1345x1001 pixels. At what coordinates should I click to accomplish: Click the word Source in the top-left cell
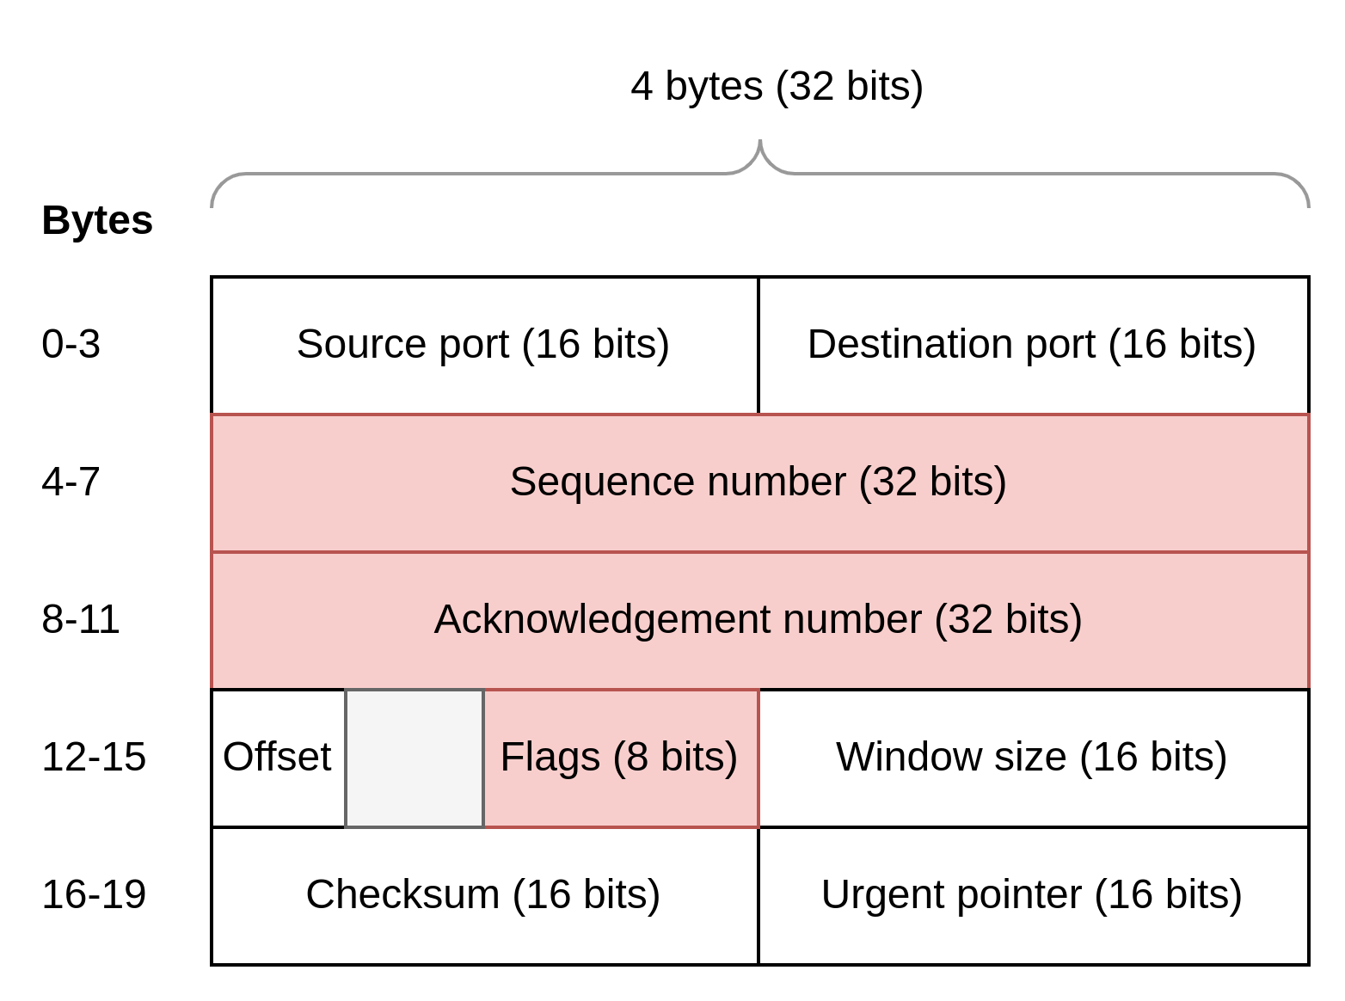tap(361, 344)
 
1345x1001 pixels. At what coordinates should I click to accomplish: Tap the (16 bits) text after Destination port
tap(1182, 344)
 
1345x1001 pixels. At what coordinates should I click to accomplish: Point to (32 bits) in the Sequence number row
tap(932, 482)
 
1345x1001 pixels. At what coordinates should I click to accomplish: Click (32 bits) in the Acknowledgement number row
tap(1008, 619)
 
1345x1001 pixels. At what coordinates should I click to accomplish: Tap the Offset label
tap(277, 758)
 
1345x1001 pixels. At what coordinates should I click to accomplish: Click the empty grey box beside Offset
tap(415, 758)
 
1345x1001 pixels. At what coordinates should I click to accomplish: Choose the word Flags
tap(550, 758)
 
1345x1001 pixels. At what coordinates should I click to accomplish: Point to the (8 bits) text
tap(675, 758)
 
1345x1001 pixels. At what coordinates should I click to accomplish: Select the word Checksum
tap(402, 894)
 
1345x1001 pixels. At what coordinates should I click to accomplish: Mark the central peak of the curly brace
tap(760, 143)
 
